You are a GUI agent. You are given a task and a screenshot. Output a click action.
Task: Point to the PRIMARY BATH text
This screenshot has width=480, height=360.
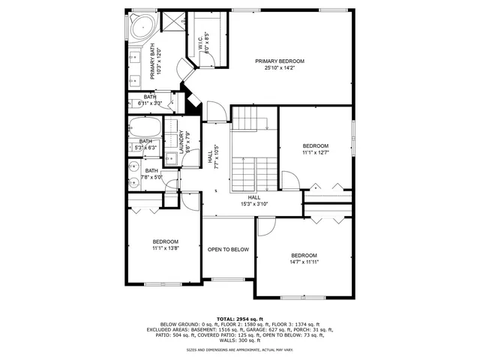point(152,62)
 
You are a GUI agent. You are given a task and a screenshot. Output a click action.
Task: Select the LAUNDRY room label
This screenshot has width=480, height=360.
point(181,140)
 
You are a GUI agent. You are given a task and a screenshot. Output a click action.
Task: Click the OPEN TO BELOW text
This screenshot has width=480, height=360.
point(228,249)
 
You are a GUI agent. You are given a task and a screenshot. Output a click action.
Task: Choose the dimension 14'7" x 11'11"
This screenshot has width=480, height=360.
point(304,262)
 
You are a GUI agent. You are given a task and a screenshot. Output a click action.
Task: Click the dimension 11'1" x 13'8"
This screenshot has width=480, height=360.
point(165,248)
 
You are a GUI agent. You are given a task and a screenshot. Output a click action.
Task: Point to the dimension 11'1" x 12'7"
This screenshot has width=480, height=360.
point(315,153)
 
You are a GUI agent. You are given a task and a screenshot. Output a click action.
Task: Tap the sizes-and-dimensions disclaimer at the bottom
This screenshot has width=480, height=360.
point(239,349)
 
